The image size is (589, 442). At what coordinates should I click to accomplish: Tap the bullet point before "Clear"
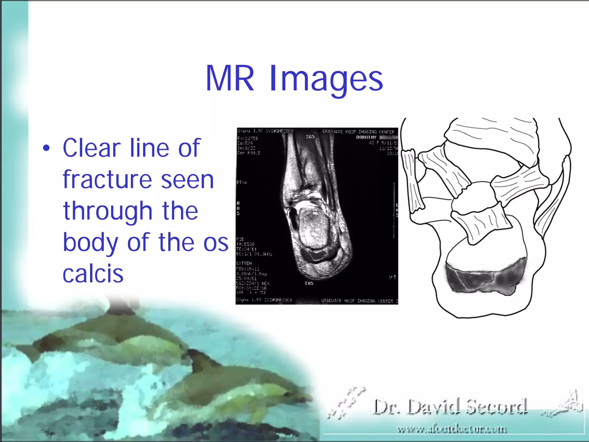[x=46, y=148]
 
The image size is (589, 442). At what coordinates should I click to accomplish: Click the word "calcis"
[x=93, y=274]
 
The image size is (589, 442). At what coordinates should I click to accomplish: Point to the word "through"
[x=131, y=211]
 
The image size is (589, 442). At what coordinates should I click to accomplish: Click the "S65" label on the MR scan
[x=310, y=137]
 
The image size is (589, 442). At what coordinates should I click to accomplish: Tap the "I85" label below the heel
[x=309, y=283]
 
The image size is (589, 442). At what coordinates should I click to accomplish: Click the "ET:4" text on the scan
[x=242, y=182]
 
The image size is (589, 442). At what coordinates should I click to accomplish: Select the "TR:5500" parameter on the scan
[x=245, y=244]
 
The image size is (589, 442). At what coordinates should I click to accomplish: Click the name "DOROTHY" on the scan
[x=366, y=137]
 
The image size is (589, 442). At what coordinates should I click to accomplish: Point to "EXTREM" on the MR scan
[x=244, y=263]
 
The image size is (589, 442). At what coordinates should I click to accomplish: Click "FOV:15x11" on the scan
[x=248, y=269]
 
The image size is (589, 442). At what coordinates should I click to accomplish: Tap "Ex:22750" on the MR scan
[x=248, y=138]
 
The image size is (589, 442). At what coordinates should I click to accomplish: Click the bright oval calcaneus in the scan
[x=313, y=227]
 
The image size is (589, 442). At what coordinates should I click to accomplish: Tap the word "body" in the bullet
[x=90, y=243]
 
